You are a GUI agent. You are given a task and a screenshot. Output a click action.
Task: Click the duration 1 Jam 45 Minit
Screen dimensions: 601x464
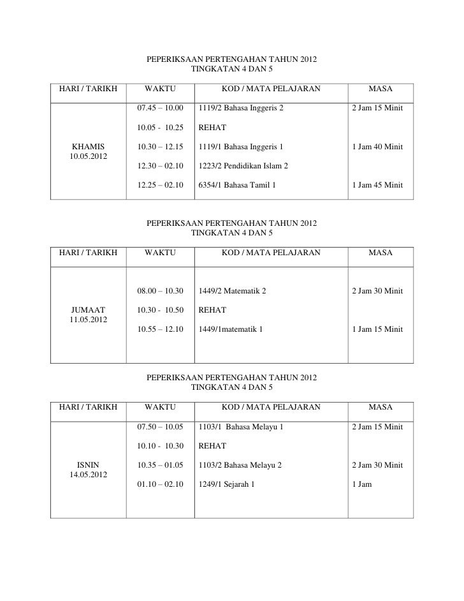click(377, 185)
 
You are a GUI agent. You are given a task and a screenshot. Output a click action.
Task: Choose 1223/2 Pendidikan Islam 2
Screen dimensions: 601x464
click(243, 166)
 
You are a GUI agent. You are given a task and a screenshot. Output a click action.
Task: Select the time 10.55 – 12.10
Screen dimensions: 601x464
click(160, 329)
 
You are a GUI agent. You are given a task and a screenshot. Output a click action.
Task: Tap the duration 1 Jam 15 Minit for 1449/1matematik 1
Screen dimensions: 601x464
click(377, 329)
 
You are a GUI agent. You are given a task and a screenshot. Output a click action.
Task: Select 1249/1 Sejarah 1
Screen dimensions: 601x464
click(226, 484)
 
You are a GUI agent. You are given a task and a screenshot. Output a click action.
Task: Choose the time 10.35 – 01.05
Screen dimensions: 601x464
click(160, 465)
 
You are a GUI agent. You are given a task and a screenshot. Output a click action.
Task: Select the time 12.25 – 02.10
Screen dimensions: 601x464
click(160, 185)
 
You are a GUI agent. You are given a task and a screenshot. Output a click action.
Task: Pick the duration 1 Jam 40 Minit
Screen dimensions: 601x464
click(377, 147)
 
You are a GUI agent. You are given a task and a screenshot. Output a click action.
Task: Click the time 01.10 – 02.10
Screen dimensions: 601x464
click(160, 484)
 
